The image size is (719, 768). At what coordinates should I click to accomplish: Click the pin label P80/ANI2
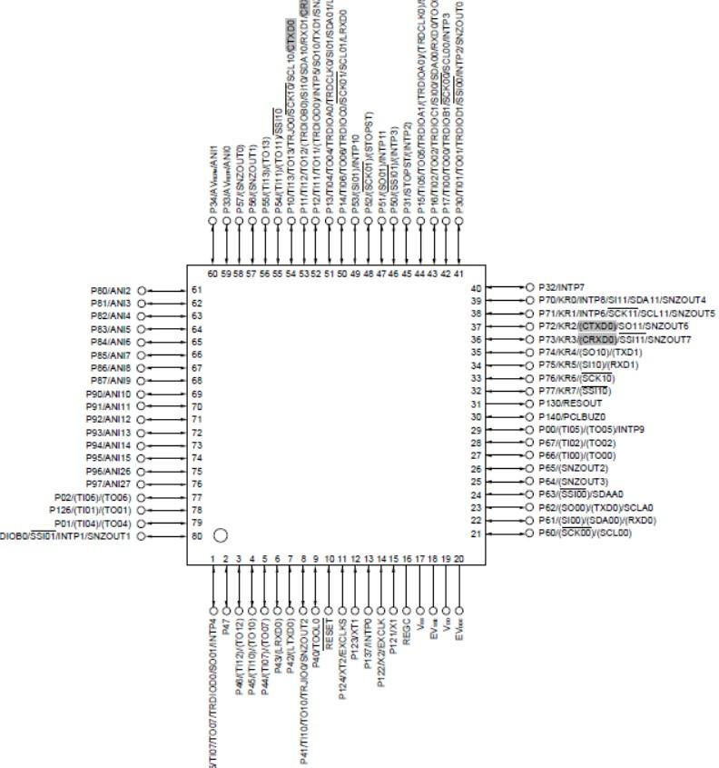(x=111, y=290)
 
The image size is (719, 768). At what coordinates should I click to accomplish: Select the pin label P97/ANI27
(x=109, y=484)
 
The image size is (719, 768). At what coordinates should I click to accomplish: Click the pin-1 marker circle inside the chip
(x=220, y=534)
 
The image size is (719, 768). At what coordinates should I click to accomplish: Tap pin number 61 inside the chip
(x=195, y=290)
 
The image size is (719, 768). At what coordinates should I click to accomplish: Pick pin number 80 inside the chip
(x=195, y=536)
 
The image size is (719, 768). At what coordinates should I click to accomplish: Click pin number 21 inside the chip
(x=475, y=534)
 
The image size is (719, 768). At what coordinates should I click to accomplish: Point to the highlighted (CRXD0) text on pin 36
(x=597, y=339)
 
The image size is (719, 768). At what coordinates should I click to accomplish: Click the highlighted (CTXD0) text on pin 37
(x=597, y=325)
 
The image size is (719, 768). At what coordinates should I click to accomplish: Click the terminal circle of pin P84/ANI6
(x=142, y=342)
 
